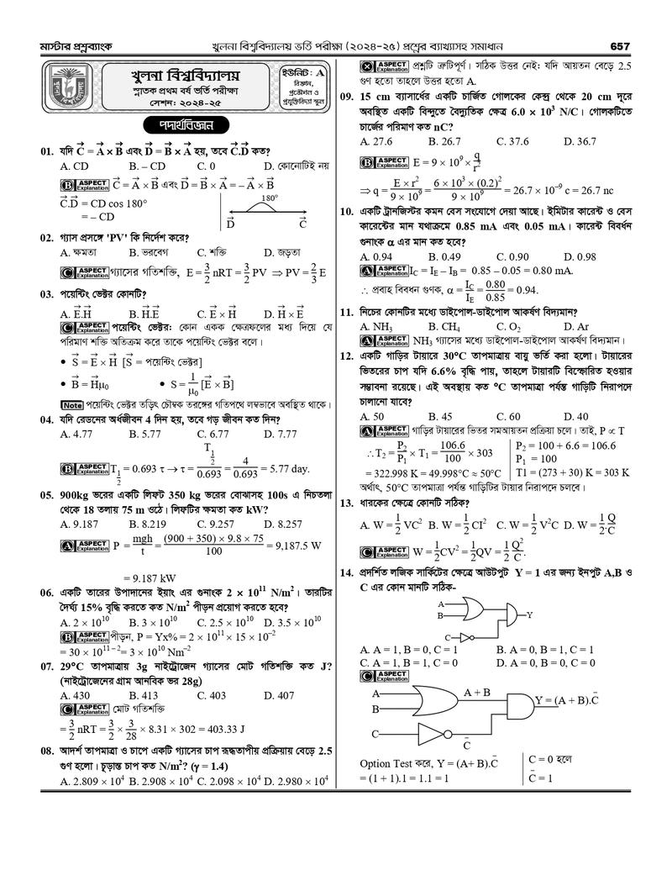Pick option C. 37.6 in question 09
click(512, 142)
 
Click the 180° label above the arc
click(269, 199)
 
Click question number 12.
click(349, 356)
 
